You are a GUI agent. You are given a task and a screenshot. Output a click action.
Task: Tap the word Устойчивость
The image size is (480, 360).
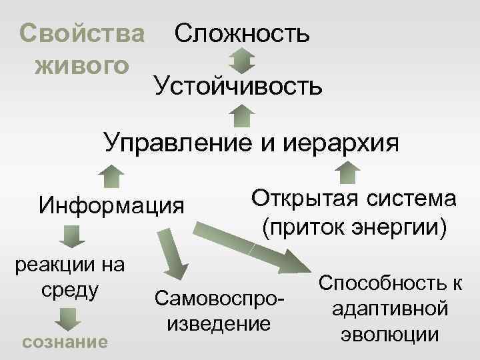click(x=238, y=85)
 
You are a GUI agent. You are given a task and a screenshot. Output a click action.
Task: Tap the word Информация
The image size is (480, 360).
click(x=111, y=204)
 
